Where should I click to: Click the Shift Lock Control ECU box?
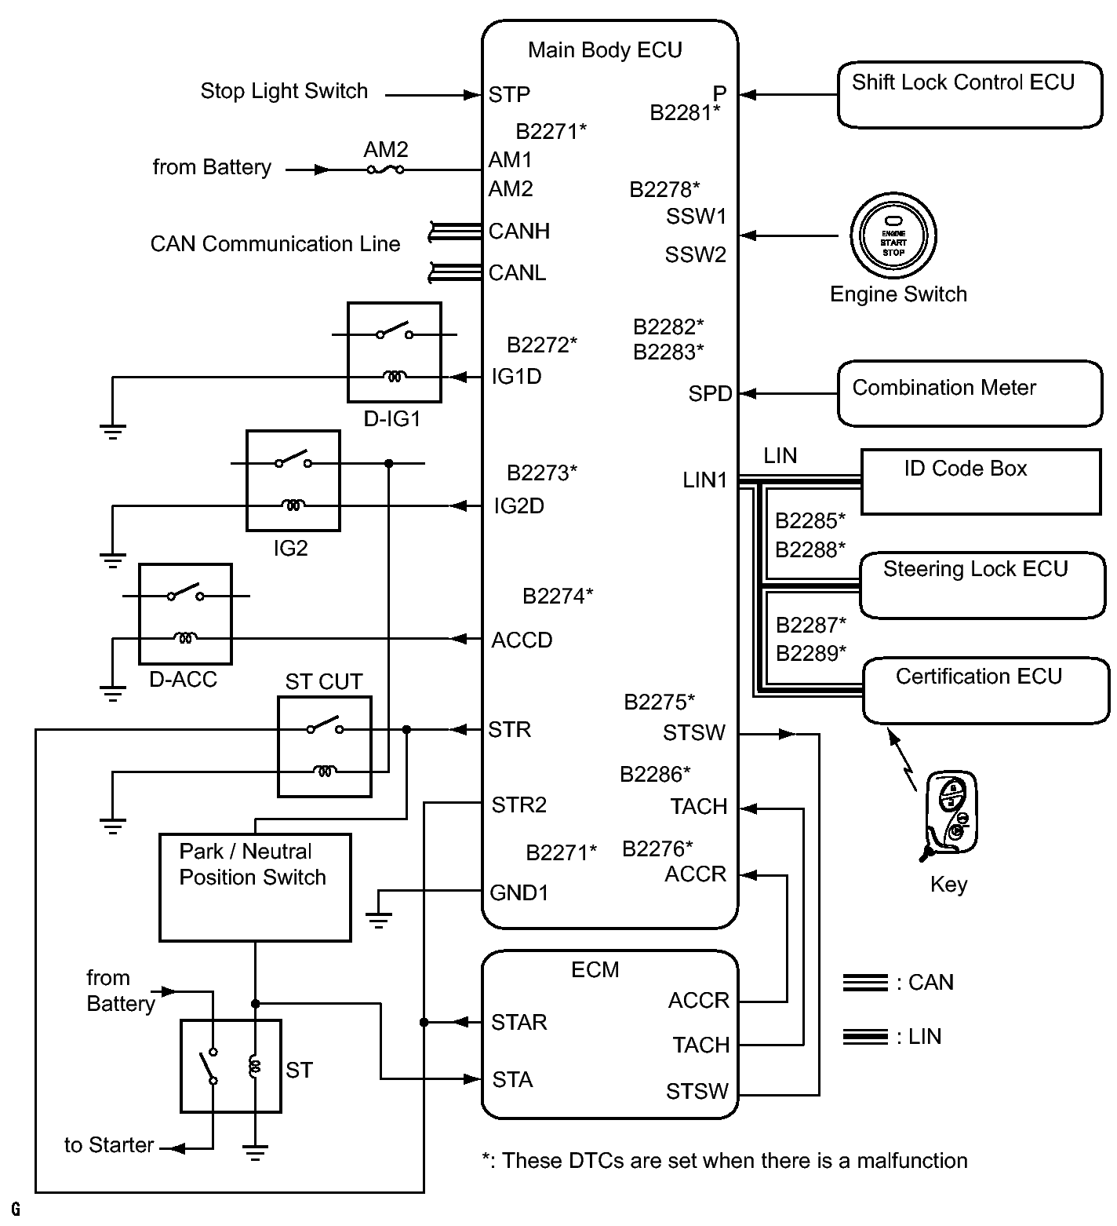(970, 95)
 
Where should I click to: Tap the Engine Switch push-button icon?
(893, 235)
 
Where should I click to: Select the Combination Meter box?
(970, 393)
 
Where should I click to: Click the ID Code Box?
(981, 482)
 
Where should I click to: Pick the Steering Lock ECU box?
(982, 585)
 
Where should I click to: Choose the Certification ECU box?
(985, 691)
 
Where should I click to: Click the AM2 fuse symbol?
(385, 169)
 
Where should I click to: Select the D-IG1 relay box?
(394, 352)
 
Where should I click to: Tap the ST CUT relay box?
(325, 746)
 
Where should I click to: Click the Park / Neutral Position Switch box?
(255, 887)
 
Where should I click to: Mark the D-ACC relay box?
(185, 613)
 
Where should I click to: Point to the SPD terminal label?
(710, 393)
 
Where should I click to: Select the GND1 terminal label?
(518, 892)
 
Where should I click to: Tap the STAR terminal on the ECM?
(518, 1022)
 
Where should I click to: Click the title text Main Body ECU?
(605, 50)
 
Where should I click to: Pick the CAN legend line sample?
(865, 983)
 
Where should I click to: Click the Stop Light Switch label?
(284, 91)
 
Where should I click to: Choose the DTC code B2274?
(557, 597)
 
